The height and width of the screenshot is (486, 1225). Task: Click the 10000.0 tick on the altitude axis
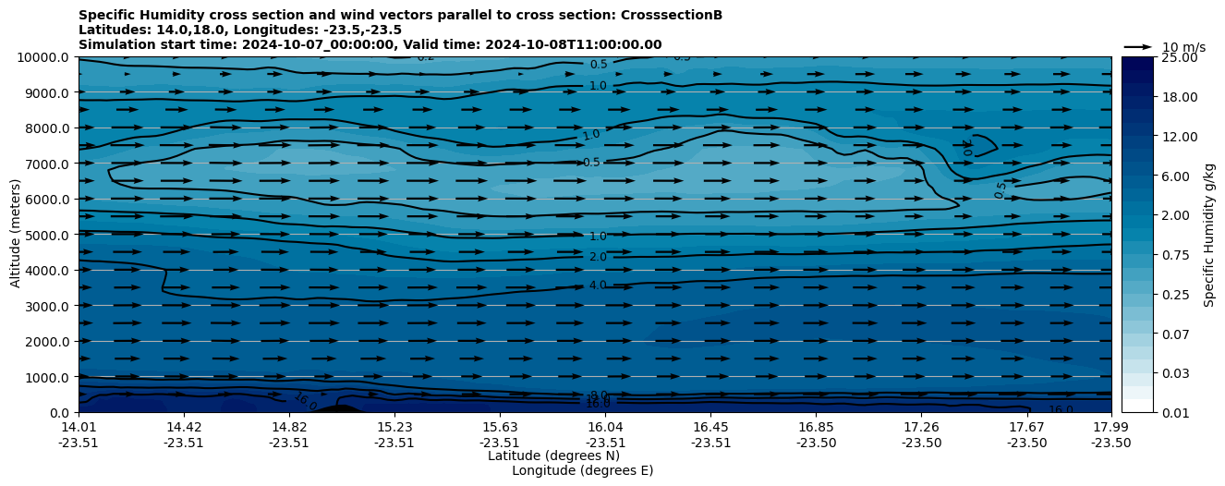click(44, 57)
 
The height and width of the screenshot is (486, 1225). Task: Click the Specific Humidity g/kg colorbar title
click(1208, 235)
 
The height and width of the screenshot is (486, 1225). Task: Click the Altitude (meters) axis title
click(16, 235)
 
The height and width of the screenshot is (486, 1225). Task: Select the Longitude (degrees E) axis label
click(582, 470)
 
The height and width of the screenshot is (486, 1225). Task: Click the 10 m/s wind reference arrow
click(1138, 46)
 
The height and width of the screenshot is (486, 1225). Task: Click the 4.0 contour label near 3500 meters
click(598, 286)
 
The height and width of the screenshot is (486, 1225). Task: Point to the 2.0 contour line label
click(598, 258)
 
